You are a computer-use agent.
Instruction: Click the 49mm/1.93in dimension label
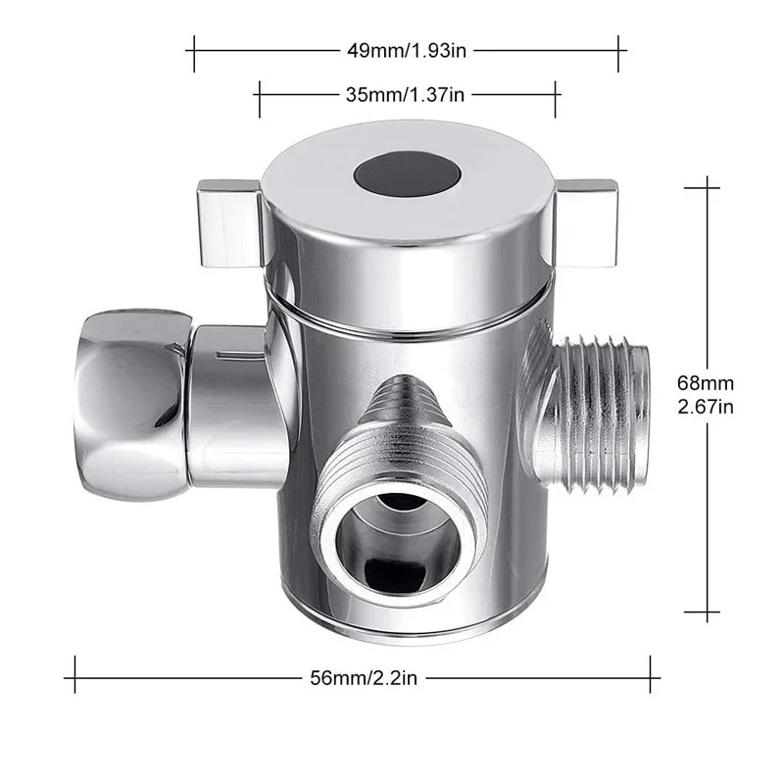point(406,47)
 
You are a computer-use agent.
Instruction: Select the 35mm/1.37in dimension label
point(408,94)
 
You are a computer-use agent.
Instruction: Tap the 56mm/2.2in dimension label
point(363,675)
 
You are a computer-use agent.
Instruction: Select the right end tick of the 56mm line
point(651,675)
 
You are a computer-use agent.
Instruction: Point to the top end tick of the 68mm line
point(702,184)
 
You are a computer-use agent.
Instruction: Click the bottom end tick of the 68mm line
point(702,613)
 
